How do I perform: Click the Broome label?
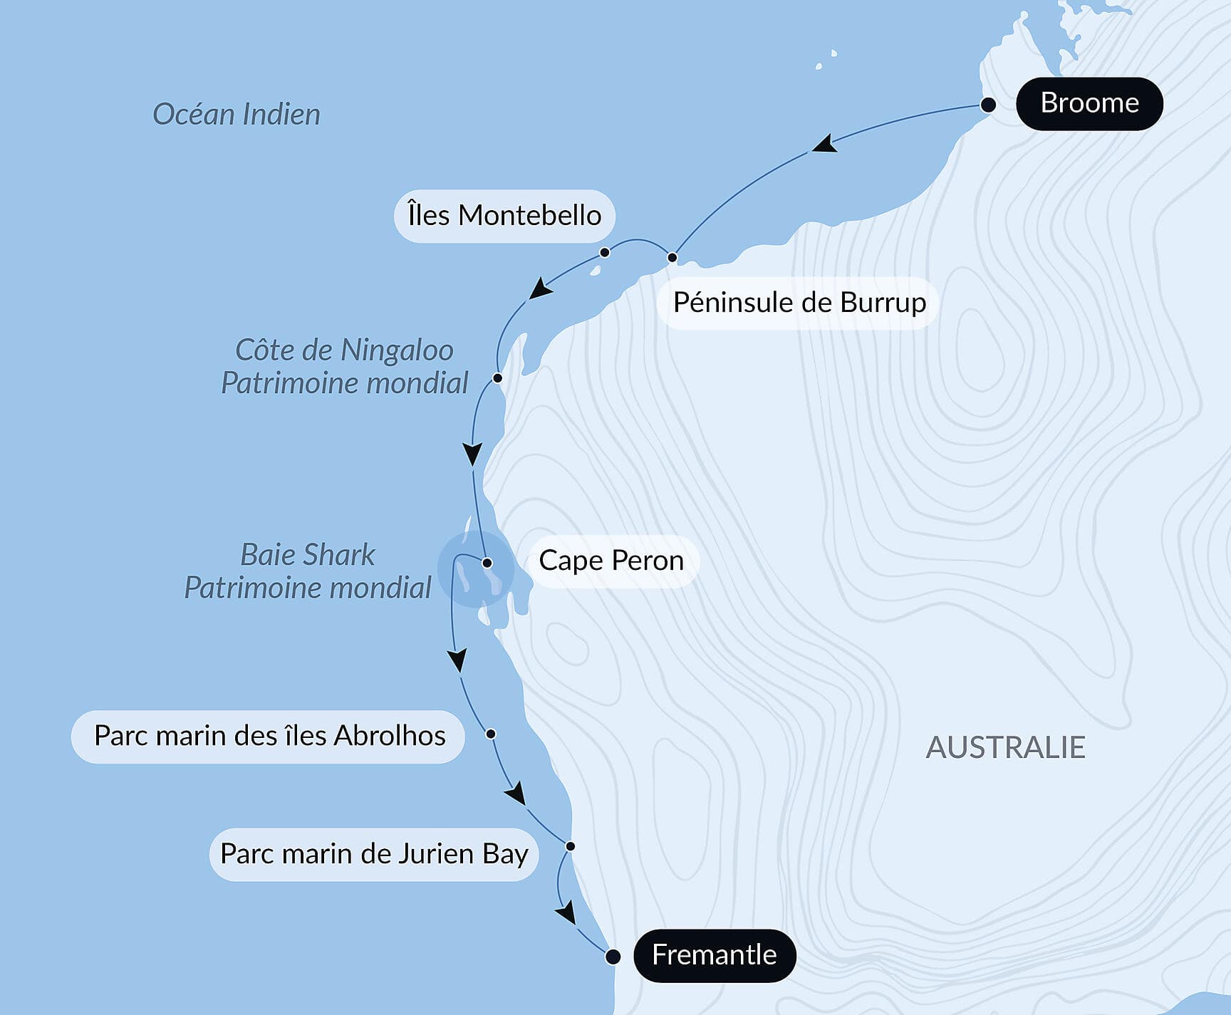click(x=1089, y=103)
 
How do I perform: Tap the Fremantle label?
click(x=714, y=955)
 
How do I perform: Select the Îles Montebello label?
click(x=504, y=215)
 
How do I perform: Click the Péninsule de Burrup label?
click(x=799, y=303)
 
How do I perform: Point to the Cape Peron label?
click(x=611, y=561)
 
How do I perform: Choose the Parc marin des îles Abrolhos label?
click(x=269, y=736)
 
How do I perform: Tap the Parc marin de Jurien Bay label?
click(x=374, y=853)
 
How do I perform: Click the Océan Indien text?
click(x=237, y=114)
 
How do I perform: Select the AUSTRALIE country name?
click(x=1005, y=747)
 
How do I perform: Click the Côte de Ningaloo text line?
click(x=344, y=350)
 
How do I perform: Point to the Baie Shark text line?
click(x=308, y=554)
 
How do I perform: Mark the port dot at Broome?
click(x=988, y=105)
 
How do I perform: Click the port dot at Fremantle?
click(x=613, y=957)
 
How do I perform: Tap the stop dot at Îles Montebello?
click(x=605, y=252)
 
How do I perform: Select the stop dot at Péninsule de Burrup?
click(x=672, y=257)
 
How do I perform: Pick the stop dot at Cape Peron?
click(x=487, y=563)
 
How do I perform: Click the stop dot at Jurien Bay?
click(x=571, y=846)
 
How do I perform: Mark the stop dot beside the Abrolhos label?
click(x=491, y=734)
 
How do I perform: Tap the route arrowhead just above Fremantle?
click(x=566, y=912)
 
